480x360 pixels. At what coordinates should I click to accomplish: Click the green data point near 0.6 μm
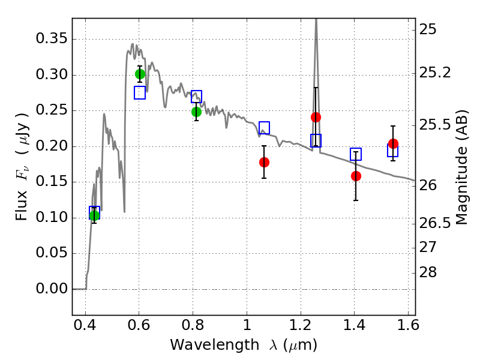coord(140,74)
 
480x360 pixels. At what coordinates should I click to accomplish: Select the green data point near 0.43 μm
coord(95,215)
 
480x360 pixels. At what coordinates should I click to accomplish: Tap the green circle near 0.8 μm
coord(197,112)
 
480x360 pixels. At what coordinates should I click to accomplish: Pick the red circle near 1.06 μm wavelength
coord(264,162)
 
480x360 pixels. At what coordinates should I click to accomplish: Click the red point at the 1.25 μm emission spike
coord(316,117)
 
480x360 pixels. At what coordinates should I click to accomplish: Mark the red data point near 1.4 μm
coord(356,176)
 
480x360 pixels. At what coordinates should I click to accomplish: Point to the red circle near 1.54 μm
coord(394,143)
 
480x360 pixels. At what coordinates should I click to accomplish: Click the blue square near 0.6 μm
coord(140,93)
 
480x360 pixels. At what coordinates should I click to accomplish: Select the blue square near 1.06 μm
coord(264,128)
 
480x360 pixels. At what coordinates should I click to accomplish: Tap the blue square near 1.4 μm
coord(356,154)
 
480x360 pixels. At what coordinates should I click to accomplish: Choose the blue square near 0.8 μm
coord(197,97)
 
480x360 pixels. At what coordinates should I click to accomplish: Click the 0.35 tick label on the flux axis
coord(52,39)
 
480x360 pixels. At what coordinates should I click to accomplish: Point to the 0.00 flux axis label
coord(52,289)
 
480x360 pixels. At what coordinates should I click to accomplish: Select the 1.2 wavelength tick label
coord(301,325)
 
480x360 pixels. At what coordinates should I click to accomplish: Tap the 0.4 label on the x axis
coord(85,325)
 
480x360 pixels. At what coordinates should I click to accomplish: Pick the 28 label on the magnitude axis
coord(428,272)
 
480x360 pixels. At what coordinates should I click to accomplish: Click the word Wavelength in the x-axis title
coord(215,346)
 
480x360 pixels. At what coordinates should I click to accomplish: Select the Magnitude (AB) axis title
coord(462,167)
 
